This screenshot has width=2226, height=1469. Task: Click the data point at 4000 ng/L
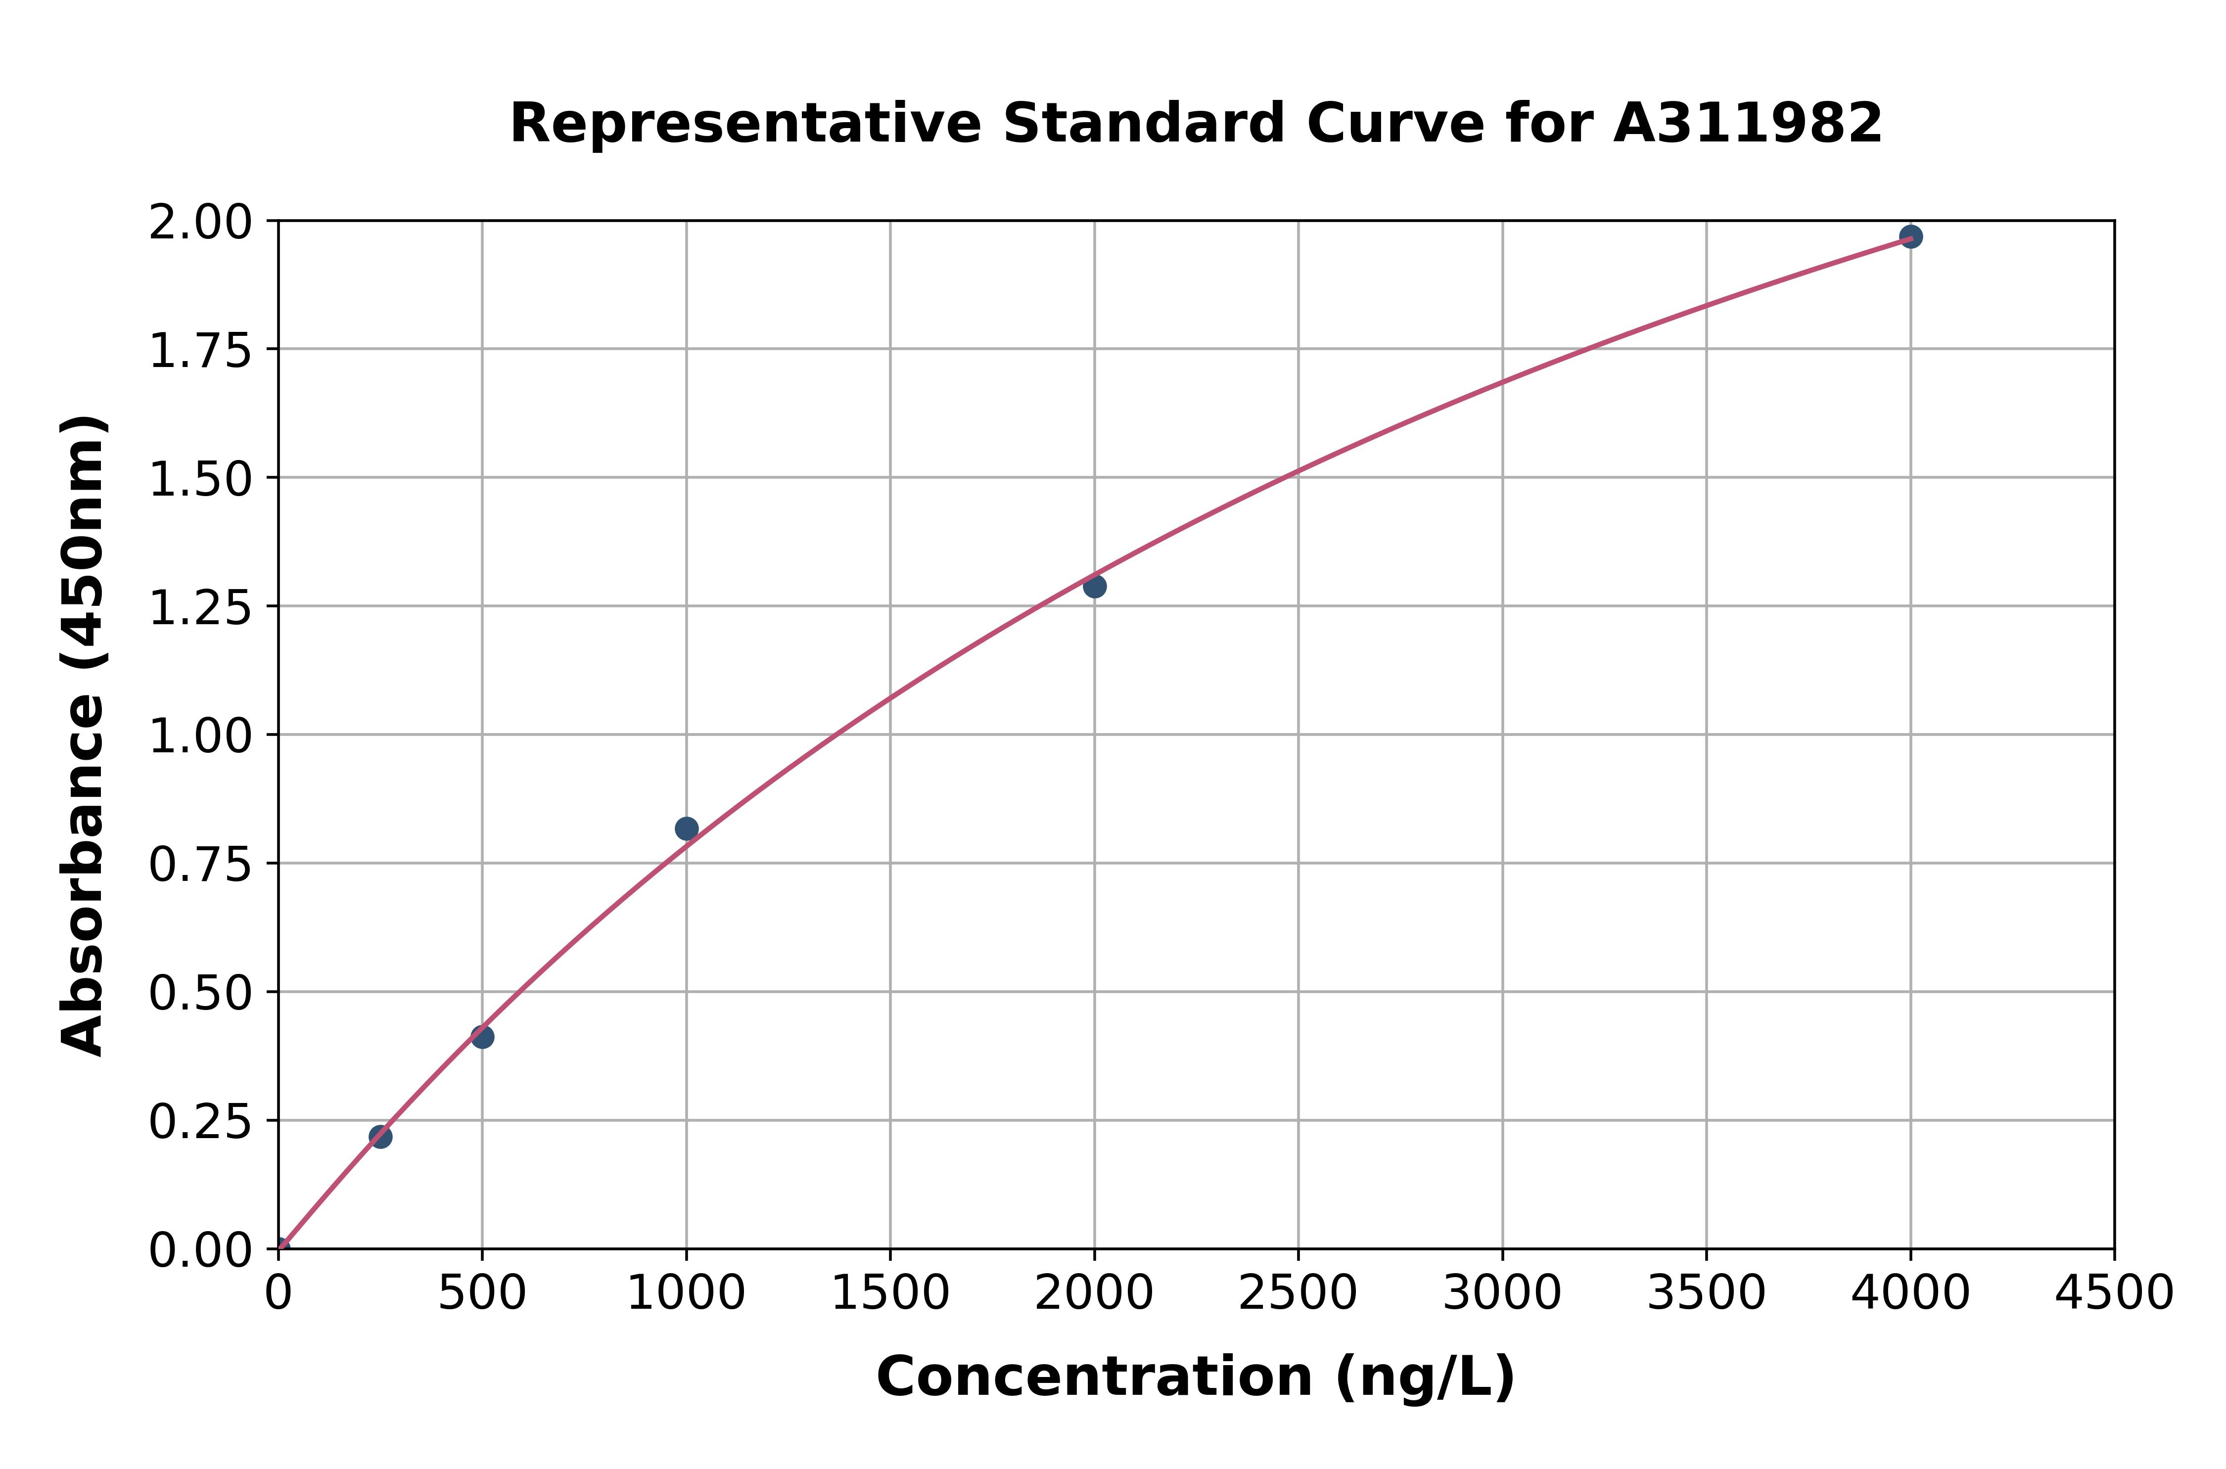1910,237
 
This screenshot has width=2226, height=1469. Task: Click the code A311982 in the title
1747,124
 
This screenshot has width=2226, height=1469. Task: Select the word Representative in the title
745,124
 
